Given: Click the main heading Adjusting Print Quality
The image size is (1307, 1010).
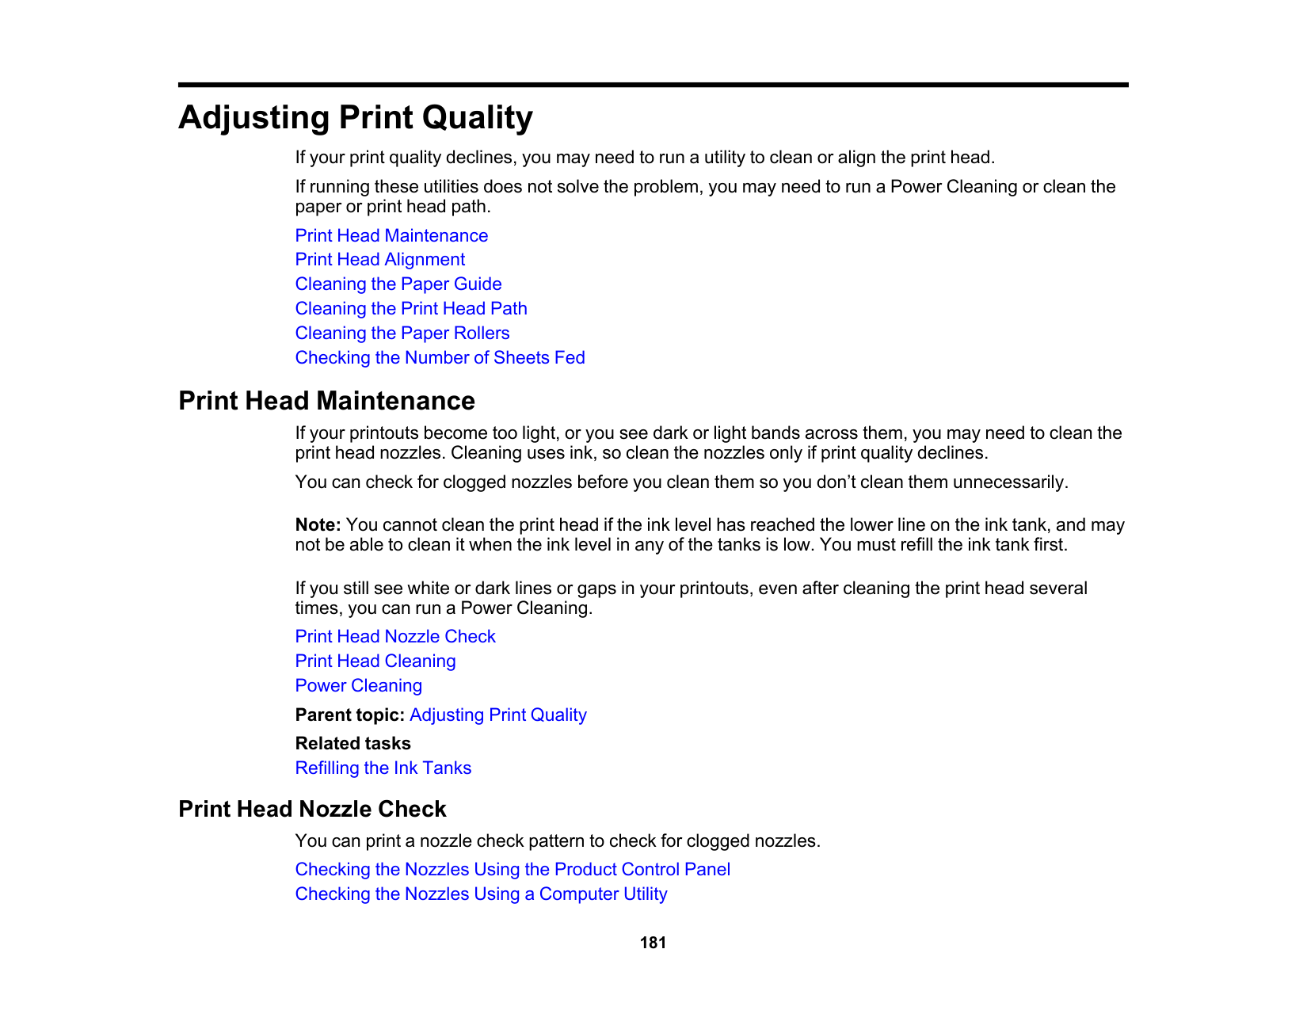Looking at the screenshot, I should [355, 118].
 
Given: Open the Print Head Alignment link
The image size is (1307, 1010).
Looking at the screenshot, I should [379, 260].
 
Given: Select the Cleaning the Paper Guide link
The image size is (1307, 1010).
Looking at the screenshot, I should [398, 284].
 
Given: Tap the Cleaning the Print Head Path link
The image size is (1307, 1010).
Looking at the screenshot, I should [410, 309].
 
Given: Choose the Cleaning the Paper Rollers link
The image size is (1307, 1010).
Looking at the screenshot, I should [402, 333].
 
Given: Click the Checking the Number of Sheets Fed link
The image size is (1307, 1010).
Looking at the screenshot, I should [440, 358].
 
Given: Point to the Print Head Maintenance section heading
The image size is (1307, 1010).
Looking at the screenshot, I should [326, 401].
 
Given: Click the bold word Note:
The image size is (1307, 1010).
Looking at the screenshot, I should [318, 525].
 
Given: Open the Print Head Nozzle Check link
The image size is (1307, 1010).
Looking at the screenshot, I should [394, 637].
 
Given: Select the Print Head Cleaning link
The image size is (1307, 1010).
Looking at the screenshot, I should [375, 661].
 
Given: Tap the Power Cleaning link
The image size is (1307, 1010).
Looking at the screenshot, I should [358, 686].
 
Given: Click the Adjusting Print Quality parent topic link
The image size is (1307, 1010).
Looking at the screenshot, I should [497, 715].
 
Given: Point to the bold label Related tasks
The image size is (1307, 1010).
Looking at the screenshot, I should [352, 744].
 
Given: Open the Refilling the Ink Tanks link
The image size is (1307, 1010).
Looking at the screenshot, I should [383, 768].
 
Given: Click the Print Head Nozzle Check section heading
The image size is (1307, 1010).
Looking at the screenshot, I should [312, 809].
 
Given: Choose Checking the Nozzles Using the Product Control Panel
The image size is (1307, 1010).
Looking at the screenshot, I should [512, 870].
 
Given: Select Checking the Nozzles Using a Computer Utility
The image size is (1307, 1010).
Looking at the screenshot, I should [481, 894].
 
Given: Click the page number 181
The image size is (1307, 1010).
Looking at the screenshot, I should [653, 943].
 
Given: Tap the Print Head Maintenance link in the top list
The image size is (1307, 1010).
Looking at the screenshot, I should [391, 236].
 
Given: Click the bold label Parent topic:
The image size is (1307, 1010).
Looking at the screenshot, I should [349, 715].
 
